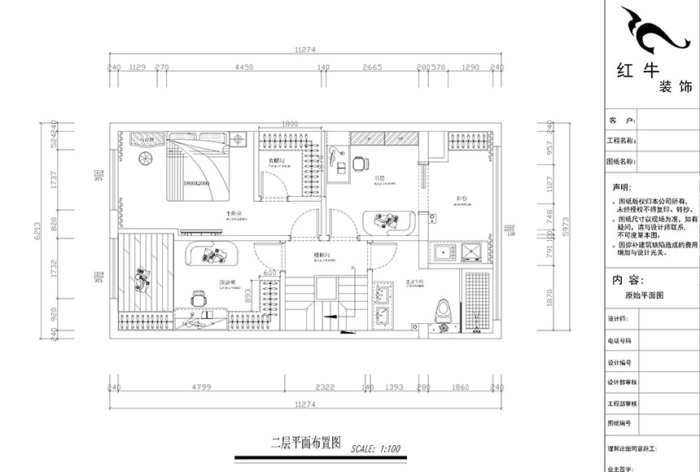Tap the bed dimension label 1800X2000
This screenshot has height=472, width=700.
click(x=197, y=184)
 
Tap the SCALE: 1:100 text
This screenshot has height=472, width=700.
click(x=377, y=447)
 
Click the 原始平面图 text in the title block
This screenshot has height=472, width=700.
click(x=643, y=296)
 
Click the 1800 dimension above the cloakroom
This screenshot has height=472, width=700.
click(x=290, y=124)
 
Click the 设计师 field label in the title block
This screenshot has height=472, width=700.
click(x=618, y=342)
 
